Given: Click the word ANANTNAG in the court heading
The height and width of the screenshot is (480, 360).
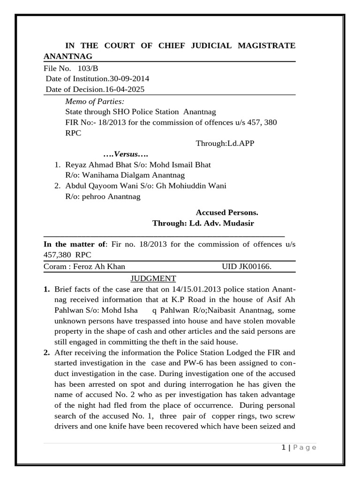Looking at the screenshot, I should tap(67, 56).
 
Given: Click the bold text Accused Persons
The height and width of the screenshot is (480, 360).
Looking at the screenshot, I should tap(227, 212).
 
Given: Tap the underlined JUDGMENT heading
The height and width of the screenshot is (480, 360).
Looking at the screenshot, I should tap(153, 278).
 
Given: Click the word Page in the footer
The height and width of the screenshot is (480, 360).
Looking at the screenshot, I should tap(304, 448).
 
